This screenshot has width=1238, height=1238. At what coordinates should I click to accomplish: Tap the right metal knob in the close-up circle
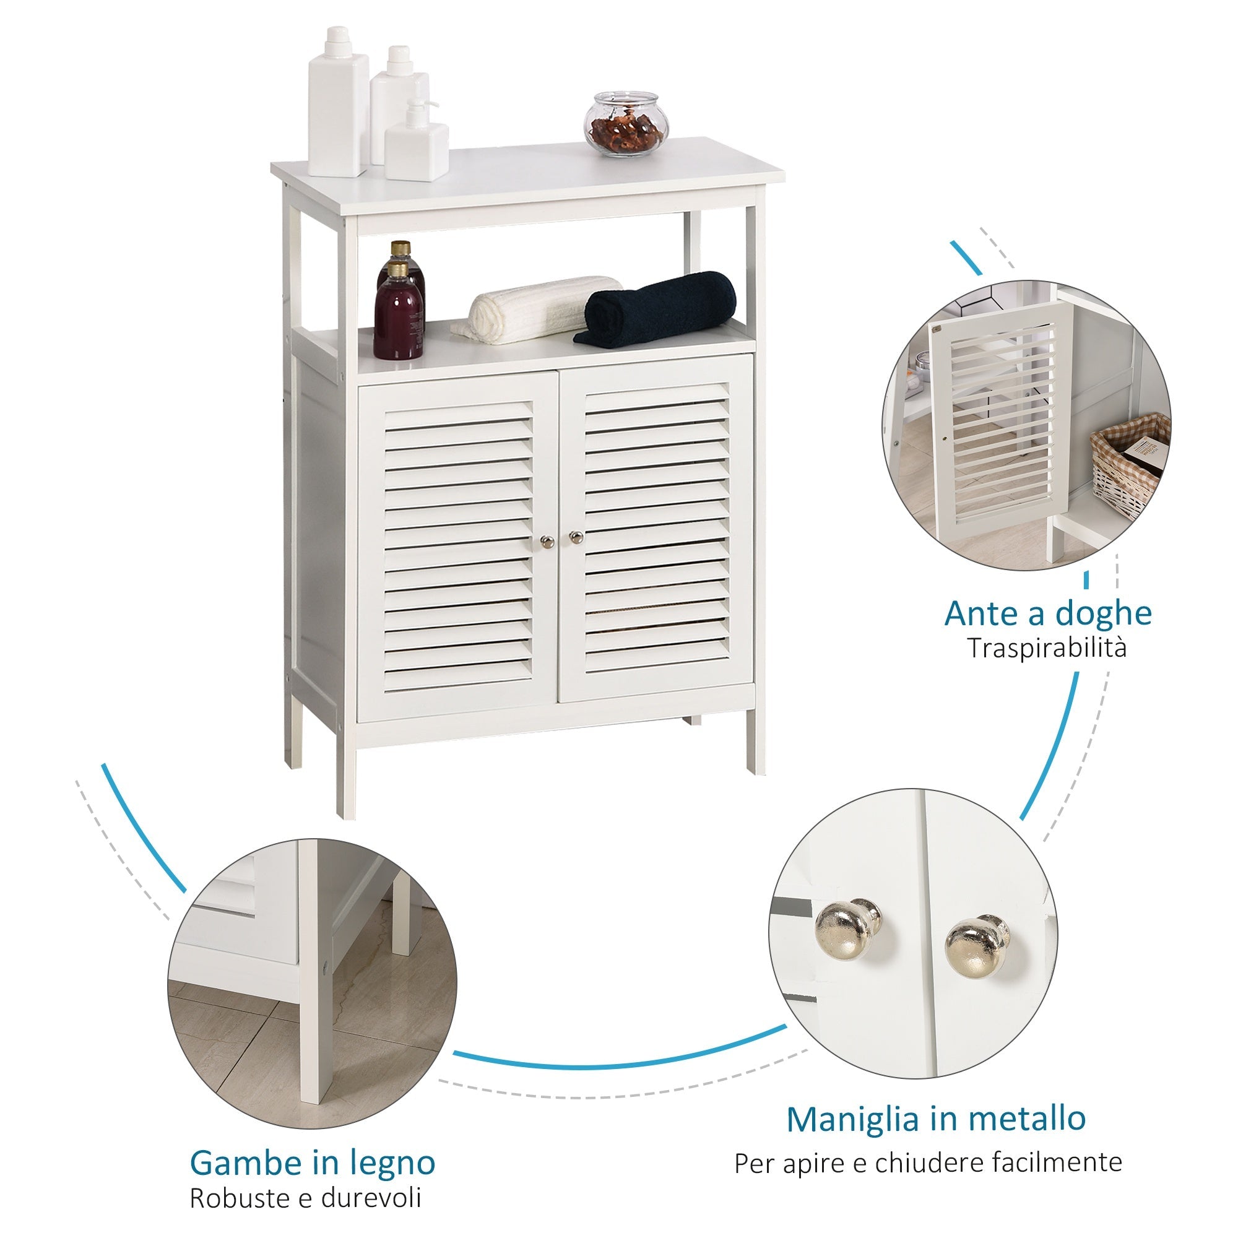click(x=976, y=948)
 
